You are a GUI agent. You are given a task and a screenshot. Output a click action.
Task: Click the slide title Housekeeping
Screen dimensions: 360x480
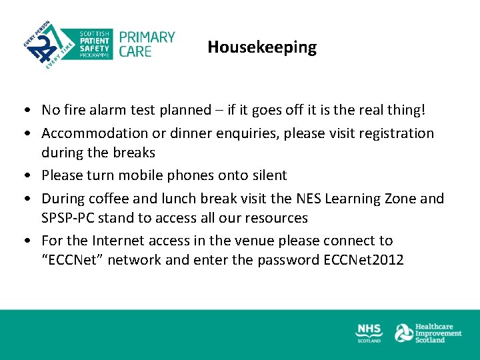[x=262, y=47]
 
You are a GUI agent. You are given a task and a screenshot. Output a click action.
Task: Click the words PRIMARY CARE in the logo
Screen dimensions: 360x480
[x=147, y=44]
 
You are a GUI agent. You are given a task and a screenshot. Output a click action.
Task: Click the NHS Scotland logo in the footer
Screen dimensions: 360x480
[x=369, y=333]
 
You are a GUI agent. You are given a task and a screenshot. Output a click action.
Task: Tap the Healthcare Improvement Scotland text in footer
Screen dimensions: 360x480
[x=438, y=333]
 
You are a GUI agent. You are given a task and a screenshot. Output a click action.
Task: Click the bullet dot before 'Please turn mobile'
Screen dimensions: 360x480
[x=24, y=176]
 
